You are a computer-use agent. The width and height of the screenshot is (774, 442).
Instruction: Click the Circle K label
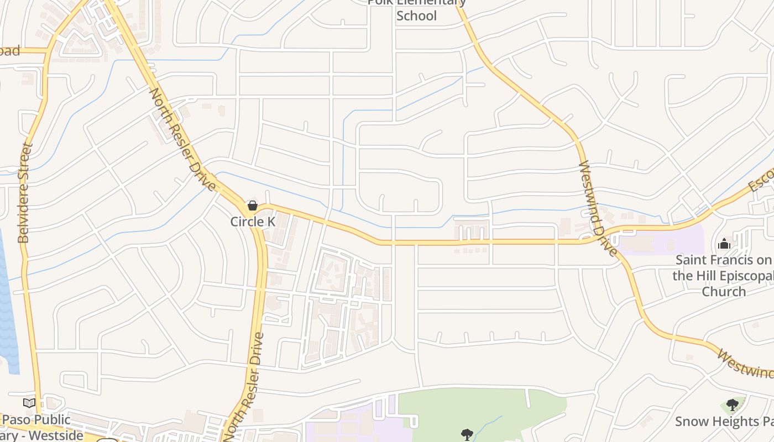(253, 222)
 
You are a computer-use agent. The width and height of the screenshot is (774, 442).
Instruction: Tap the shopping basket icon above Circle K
(253, 206)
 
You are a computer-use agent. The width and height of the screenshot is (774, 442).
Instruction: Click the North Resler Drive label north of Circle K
(182, 139)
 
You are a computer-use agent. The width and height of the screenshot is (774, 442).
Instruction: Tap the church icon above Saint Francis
(724, 243)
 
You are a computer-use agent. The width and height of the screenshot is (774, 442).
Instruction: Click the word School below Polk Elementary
(416, 15)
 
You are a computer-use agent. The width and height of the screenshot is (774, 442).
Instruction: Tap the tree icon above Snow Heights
(733, 405)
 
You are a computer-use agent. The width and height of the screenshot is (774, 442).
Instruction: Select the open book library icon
(29, 403)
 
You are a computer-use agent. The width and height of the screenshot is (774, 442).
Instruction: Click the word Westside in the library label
(55, 435)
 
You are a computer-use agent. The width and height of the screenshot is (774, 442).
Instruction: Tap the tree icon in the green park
(467, 434)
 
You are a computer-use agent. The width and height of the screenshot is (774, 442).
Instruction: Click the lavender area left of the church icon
(663, 243)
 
